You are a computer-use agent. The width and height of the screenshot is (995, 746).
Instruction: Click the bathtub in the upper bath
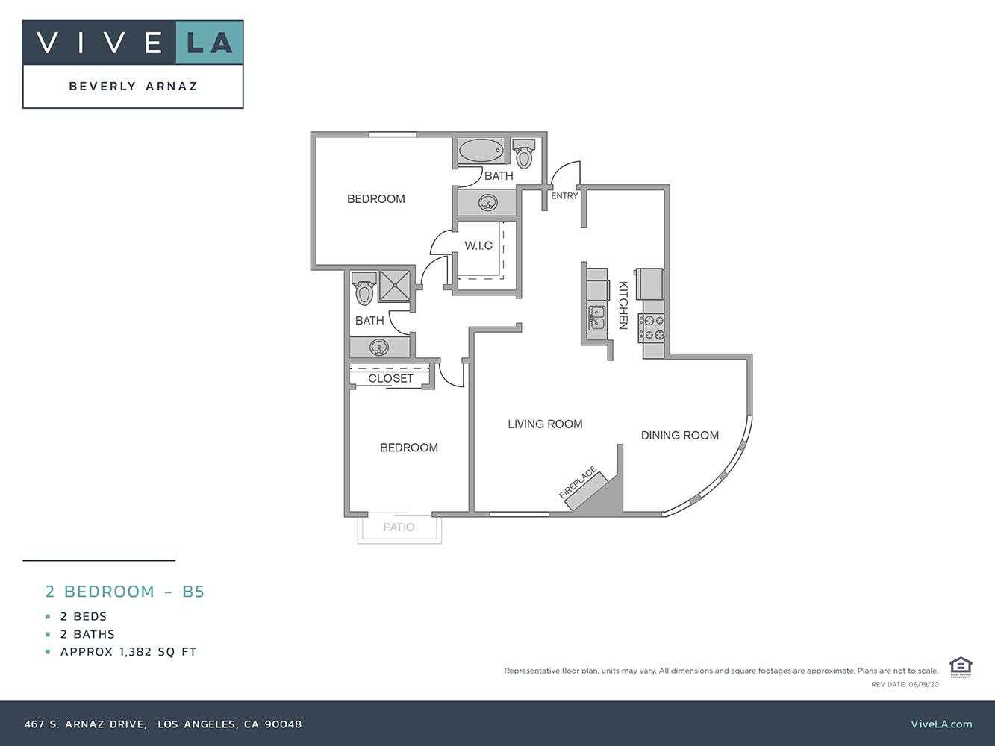coord(481,151)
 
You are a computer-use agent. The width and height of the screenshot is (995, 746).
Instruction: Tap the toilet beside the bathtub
coord(524,154)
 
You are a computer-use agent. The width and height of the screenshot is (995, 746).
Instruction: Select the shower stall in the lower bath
coord(394,286)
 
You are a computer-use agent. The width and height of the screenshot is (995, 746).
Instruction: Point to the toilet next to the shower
coord(364,289)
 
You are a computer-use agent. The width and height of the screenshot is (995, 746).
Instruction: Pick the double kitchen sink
coord(597,319)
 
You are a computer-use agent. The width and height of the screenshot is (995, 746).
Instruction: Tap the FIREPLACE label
coord(578,483)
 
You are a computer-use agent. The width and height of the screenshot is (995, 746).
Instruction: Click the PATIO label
coord(399,527)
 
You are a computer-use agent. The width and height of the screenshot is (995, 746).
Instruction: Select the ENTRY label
coord(564,196)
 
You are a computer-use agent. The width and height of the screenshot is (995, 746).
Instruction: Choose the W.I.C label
coord(478,245)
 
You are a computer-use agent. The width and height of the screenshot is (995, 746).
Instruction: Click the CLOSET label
coord(390,379)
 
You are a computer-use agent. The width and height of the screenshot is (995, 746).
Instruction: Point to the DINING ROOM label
coord(679,435)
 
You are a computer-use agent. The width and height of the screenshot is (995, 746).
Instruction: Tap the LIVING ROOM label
coord(545,424)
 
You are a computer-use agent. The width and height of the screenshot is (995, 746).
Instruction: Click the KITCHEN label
coord(623,305)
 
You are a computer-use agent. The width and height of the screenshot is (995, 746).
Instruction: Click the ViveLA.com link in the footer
coord(941,724)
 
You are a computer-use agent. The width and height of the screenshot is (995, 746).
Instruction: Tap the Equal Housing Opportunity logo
coord(960,667)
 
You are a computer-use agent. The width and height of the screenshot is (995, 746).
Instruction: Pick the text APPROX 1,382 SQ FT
coord(128,651)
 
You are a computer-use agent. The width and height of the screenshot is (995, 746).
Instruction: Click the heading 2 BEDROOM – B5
coord(125,592)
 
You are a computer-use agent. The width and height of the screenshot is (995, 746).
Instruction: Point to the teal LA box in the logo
coord(210,43)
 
